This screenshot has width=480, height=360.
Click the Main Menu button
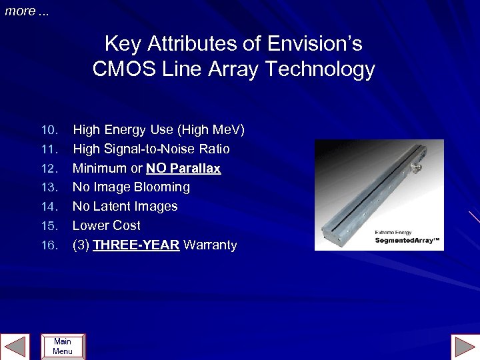pyautogui.click(x=63, y=347)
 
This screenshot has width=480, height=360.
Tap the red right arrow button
pyautogui.click(x=465, y=347)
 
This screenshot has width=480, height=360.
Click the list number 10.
pyautogui.click(x=49, y=129)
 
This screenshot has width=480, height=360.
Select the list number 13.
pyautogui.click(x=49, y=187)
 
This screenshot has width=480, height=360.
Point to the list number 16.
pyautogui.click(x=49, y=245)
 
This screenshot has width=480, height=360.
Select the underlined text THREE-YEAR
pyautogui.click(x=136, y=245)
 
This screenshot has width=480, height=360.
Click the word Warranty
pyautogui.click(x=210, y=245)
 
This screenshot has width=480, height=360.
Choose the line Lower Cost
pyautogui.click(x=107, y=226)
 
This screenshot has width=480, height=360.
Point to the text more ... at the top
pyautogui.click(x=27, y=11)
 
